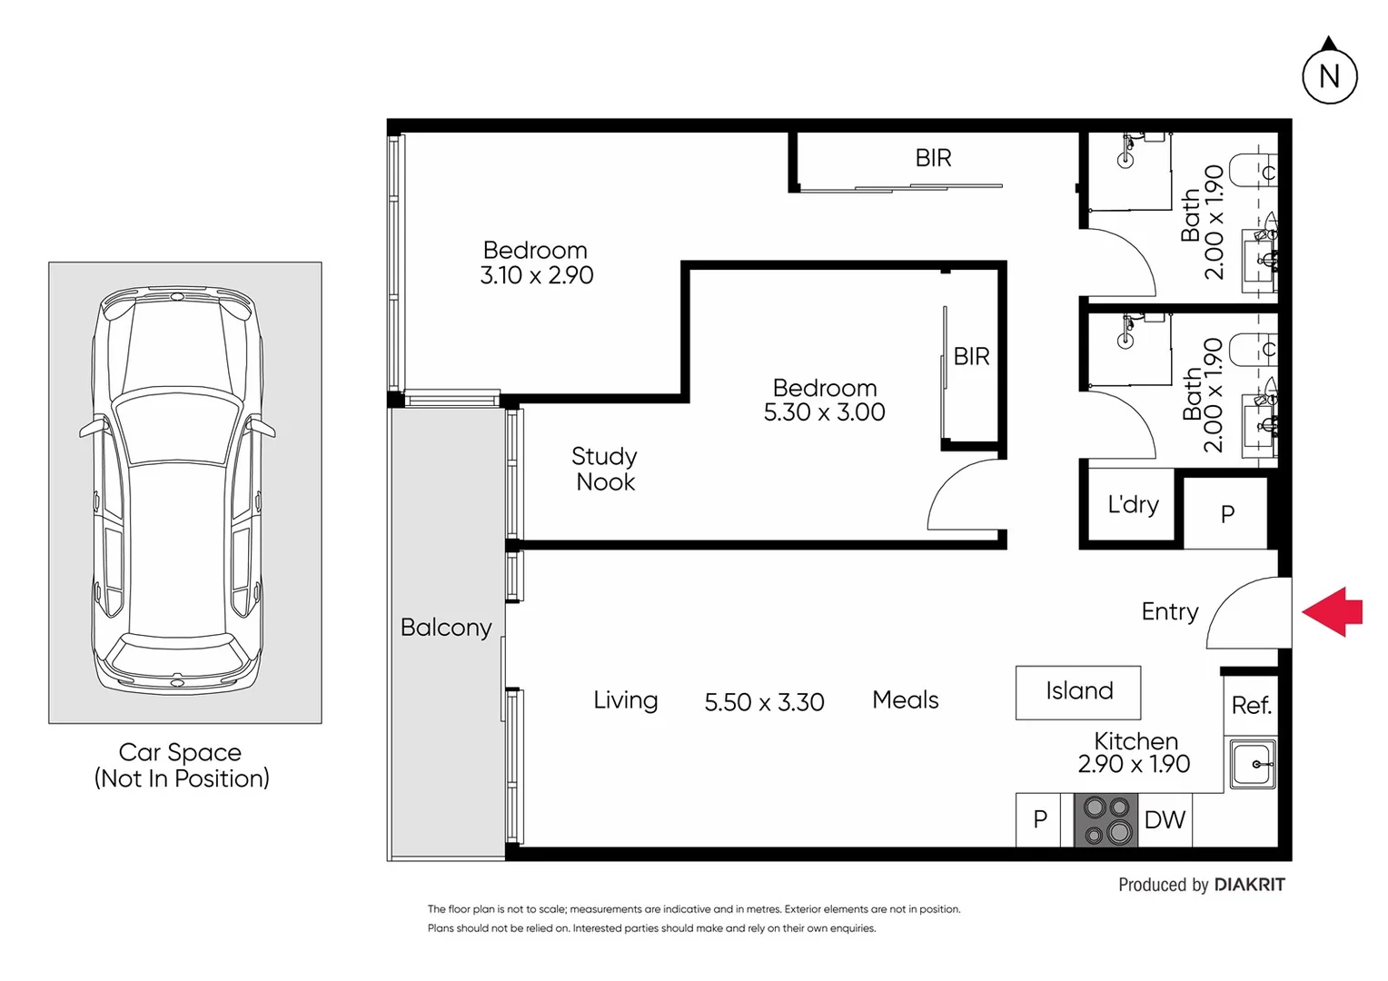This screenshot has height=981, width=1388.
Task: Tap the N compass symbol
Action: [1329, 76]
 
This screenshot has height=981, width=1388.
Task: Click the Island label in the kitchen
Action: [1078, 691]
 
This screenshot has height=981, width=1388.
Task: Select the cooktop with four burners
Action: [1105, 820]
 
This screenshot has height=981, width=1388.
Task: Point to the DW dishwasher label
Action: [1165, 820]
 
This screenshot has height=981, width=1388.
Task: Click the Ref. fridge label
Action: [1251, 706]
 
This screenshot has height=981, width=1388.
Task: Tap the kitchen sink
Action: [1254, 765]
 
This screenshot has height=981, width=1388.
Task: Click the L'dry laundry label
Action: [1133, 505]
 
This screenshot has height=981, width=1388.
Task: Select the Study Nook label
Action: [605, 469]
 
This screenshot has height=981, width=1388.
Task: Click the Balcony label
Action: [446, 628]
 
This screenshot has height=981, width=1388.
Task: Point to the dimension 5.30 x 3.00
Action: [824, 412]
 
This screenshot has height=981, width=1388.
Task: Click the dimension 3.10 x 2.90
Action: [536, 275]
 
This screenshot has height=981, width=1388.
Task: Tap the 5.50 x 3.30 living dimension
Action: [764, 702]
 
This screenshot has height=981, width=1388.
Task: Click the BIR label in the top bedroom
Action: [933, 158]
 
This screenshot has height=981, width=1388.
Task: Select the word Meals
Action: [905, 700]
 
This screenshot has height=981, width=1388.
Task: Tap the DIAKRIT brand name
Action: [1249, 885]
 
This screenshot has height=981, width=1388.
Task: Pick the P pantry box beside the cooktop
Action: [1039, 820]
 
